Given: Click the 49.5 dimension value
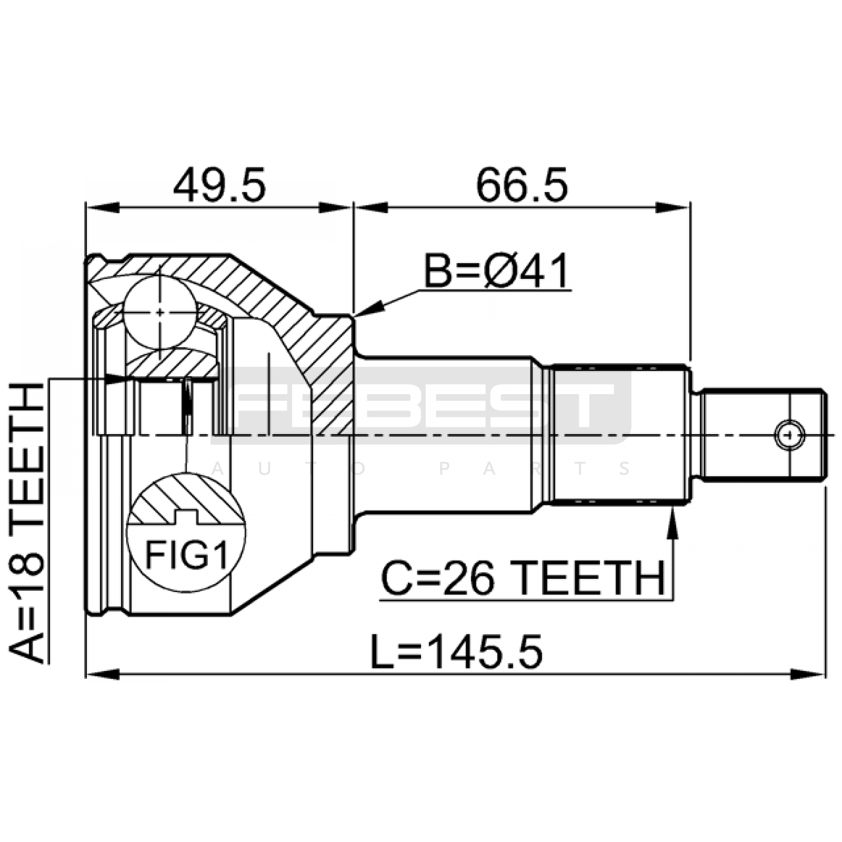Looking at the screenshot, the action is [219, 185].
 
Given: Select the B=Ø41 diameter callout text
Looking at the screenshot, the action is [497, 271].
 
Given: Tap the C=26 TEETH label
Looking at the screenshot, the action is [523, 577].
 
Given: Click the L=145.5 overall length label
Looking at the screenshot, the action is [456, 652].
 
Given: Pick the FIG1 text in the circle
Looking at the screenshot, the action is [187, 555].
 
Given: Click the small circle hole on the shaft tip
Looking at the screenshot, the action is [789, 435].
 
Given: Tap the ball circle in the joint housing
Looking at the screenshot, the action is [160, 312].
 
